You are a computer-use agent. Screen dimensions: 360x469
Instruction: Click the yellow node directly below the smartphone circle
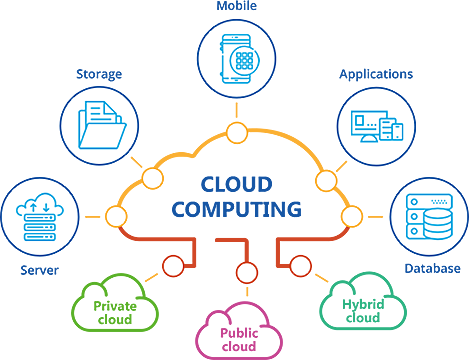[237, 133]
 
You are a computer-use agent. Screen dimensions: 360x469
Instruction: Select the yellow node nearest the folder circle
[152, 180]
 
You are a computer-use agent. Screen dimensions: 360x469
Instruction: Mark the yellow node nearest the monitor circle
[323, 180]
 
